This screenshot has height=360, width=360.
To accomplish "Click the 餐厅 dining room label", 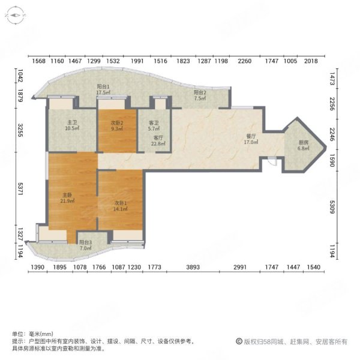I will point(250,137).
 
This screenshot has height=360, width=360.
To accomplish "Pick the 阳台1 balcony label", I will point(103,86).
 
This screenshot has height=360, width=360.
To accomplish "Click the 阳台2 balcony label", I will point(200,92).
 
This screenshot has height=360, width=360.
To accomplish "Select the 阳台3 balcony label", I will point(85,242).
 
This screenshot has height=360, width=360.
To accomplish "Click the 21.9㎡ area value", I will point(67,201).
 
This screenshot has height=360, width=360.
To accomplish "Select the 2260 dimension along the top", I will point(244,61).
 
